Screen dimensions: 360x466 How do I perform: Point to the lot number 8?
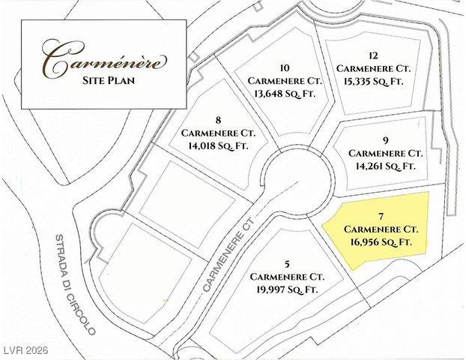(x=217, y=118)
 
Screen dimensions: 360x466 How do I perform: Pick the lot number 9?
(x=384, y=139)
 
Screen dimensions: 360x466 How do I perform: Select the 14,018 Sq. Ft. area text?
(x=217, y=145)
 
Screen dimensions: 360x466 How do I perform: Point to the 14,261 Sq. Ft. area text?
(x=384, y=166)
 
